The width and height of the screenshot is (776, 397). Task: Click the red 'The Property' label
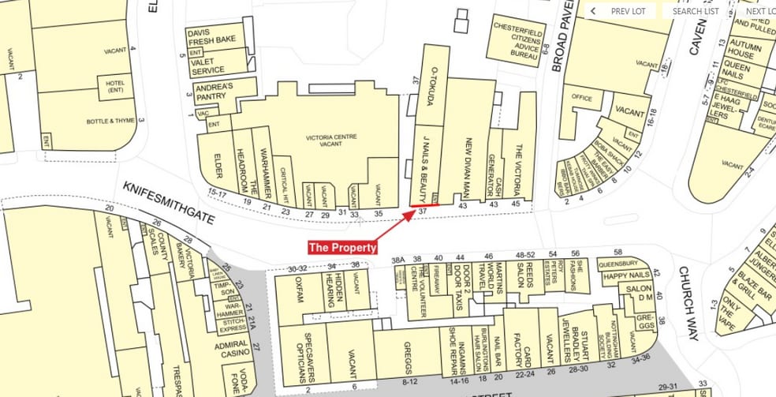pos(342,247)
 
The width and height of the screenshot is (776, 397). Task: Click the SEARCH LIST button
pos(695,11)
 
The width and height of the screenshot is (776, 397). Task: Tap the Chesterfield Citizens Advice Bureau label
pos(515,40)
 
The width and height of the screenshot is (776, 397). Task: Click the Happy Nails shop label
pos(626,275)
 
